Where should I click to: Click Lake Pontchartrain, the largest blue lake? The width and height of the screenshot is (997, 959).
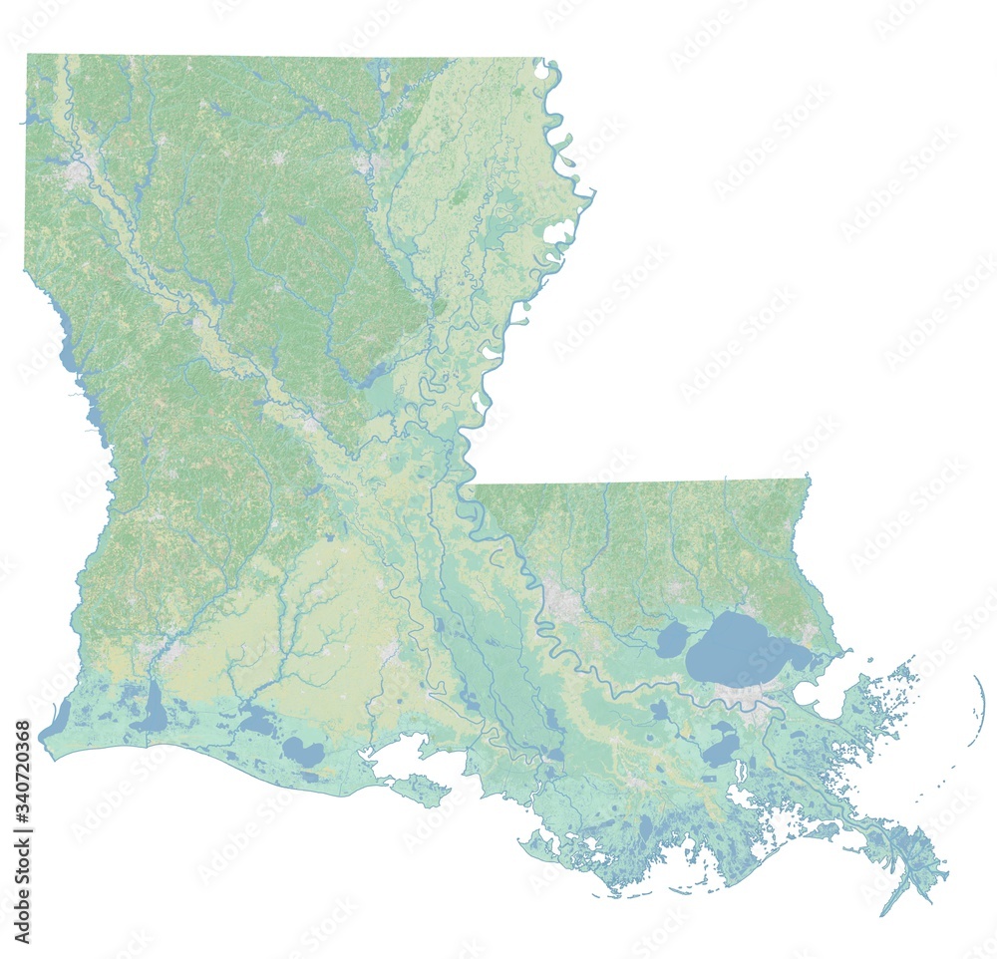click(743, 648)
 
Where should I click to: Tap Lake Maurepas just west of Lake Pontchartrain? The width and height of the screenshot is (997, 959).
click(672, 640)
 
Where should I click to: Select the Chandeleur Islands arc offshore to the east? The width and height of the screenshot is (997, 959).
click(981, 698)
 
